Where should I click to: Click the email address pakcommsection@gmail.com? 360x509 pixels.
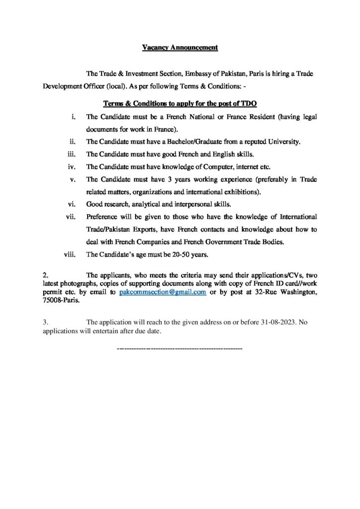[x=163, y=292]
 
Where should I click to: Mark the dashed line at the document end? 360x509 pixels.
[x=179, y=349]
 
